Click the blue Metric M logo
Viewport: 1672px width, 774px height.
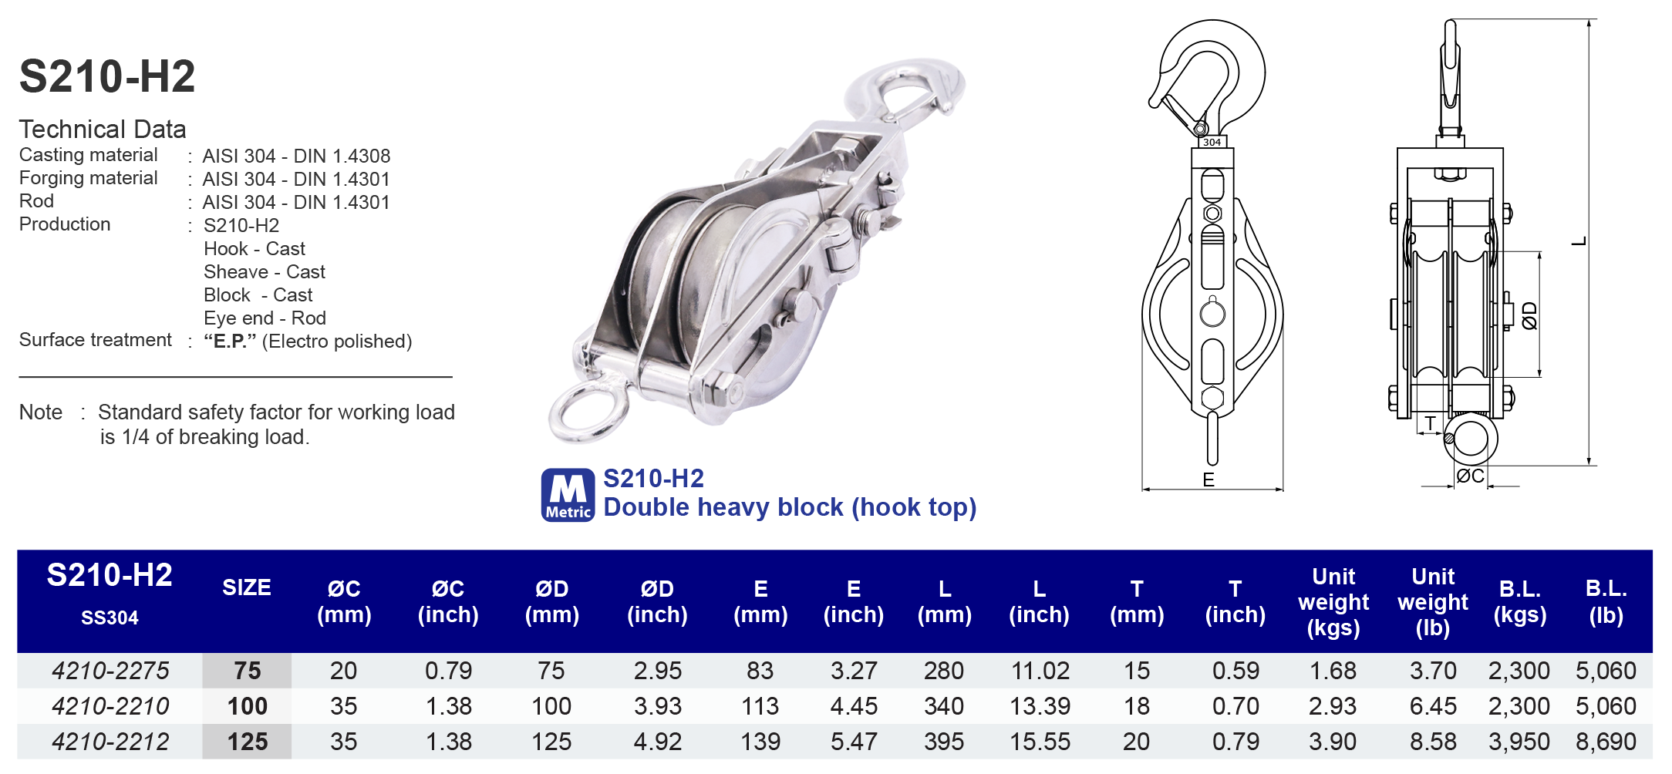(x=568, y=495)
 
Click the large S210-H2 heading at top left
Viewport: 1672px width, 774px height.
(x=107, y=76)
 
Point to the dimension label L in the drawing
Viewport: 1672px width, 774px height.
(x=1579, y=241)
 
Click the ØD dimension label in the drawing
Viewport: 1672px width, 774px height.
(x=1530, y=315)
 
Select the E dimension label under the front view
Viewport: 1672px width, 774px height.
(x=1208, y=480)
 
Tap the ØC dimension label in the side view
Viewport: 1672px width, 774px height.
(x=1470, y=476)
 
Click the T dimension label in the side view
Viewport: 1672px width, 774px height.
(x=1431, y=422)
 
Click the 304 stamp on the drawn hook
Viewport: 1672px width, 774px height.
(x=1212, y=142)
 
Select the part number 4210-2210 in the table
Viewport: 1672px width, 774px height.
(x=110, y=706)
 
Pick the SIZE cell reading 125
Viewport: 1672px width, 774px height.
(x=247, y=742)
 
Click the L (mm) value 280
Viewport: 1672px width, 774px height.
(x=943, y=671)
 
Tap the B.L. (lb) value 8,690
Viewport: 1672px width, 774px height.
(x=1606, y=742)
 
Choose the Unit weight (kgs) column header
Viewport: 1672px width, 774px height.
(x=1333, y=602)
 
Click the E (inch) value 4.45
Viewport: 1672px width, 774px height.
(x=853, y=706)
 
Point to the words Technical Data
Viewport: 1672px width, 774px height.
(x=103, y=129)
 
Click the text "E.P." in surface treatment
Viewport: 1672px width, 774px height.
(x=230, y=342)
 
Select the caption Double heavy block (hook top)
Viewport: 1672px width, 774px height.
(x=790, y=507)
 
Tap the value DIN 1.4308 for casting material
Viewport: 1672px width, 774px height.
(x=342, y=156)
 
